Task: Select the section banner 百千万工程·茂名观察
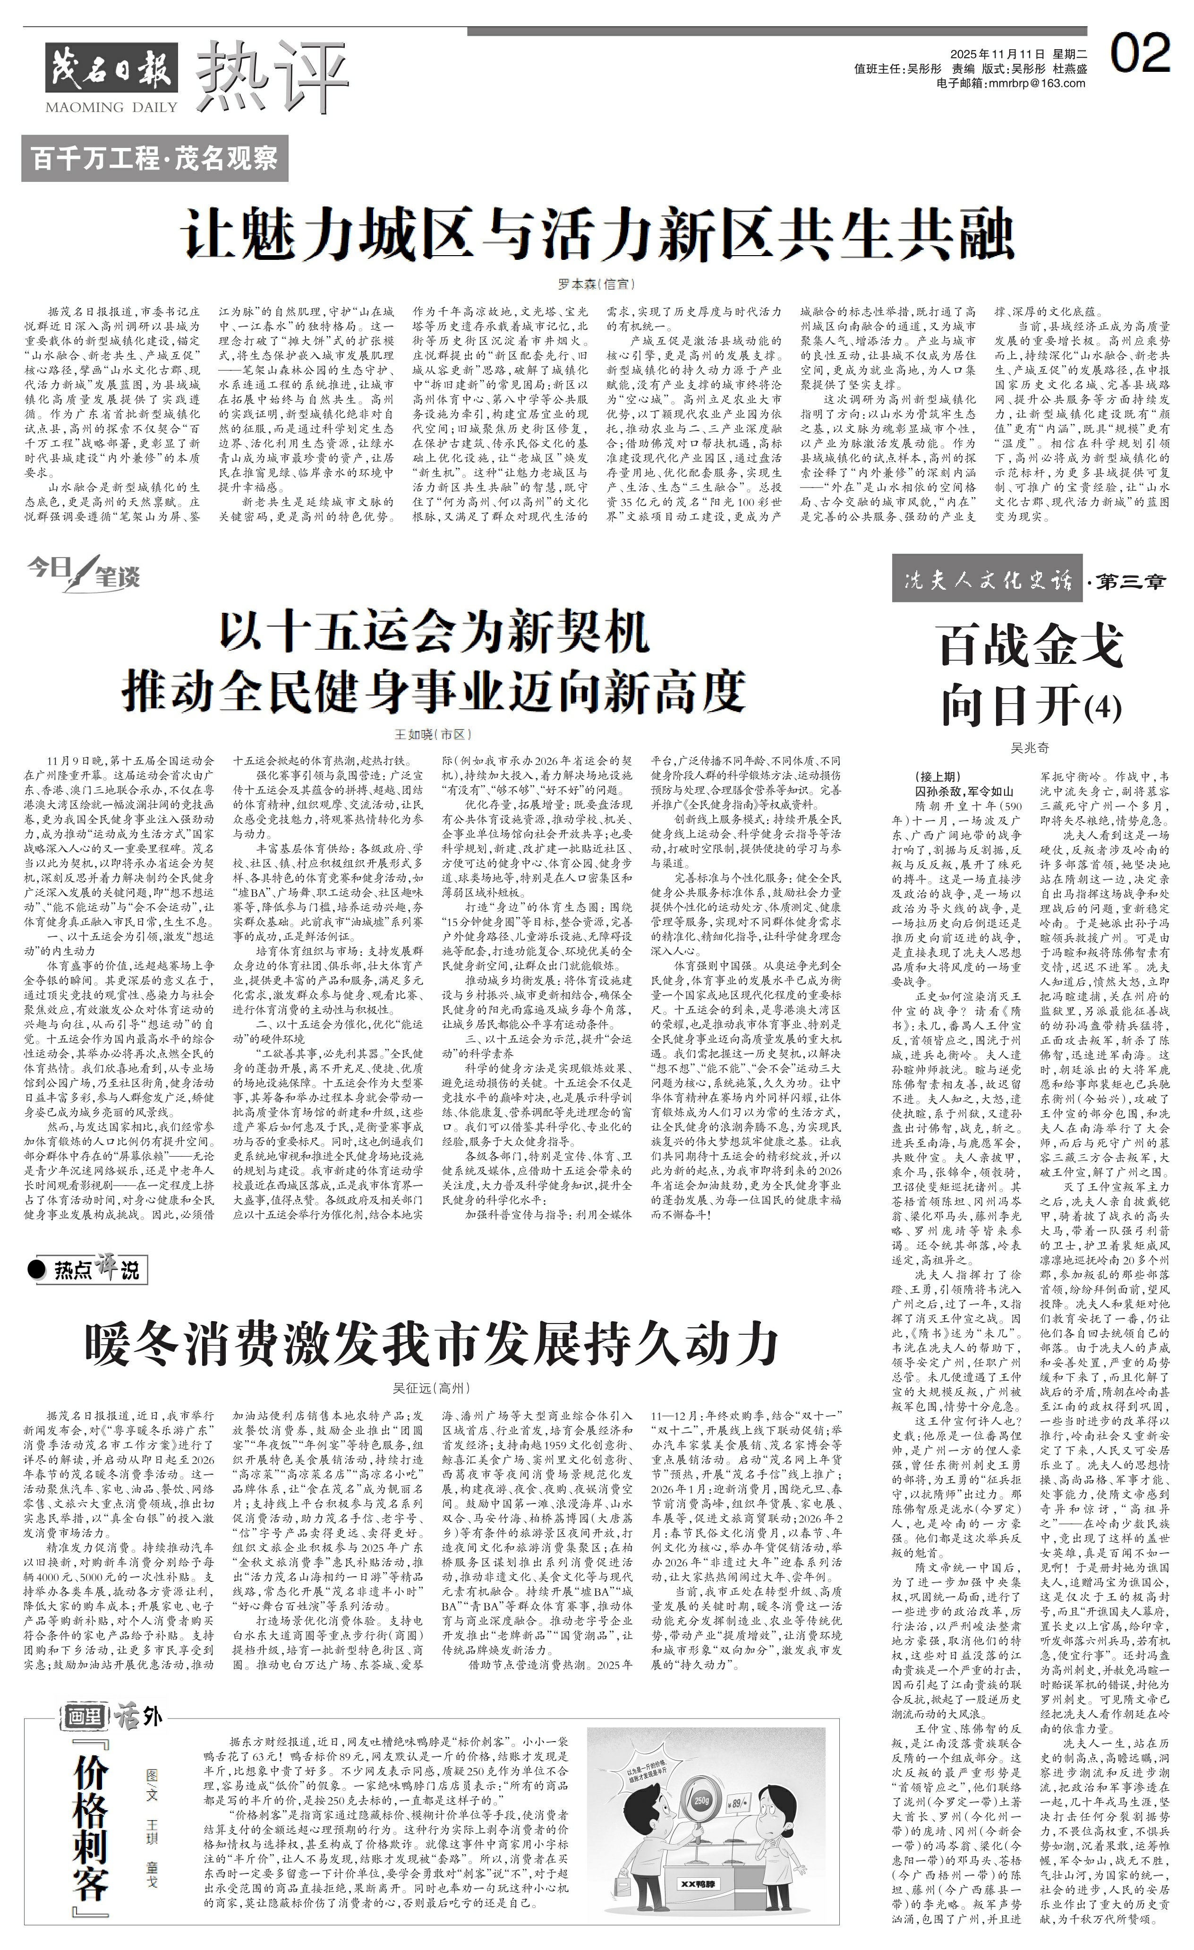click(x=154, y=158)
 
